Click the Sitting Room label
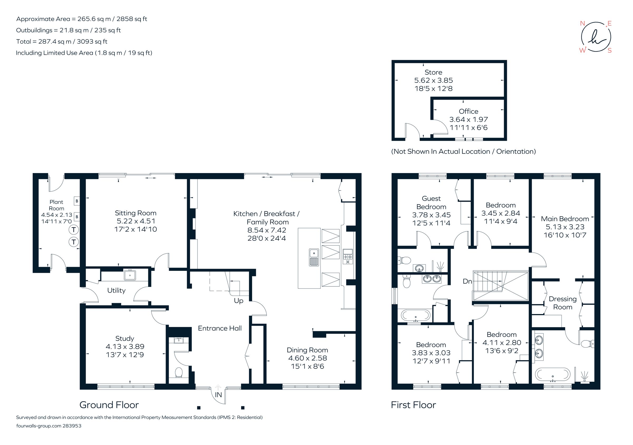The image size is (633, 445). (x=135, y=213)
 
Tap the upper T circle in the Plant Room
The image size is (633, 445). (x=74, y=230)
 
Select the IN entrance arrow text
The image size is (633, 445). (x=218, y=395)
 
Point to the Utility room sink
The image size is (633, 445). (x=130, y=275)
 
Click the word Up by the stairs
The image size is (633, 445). (x=238, y=301)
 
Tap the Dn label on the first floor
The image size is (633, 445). (x=467, y=281)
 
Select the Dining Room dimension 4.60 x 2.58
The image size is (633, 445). (x=308, y=358)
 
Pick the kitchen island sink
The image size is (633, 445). (x=314, y=257)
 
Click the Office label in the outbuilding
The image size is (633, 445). (x=468, y=111)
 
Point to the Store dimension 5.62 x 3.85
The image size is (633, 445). (x=433, y=80)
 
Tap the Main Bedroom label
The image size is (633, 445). (x=565, y=219)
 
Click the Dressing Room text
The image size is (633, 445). (x=563, y=303)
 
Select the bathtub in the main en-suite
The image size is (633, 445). (x=553, y=374)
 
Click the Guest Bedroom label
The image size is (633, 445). (x=431, y=202)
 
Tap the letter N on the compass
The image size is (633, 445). (x=582, y=23)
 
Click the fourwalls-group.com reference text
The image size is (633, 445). (x=49, y=426)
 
